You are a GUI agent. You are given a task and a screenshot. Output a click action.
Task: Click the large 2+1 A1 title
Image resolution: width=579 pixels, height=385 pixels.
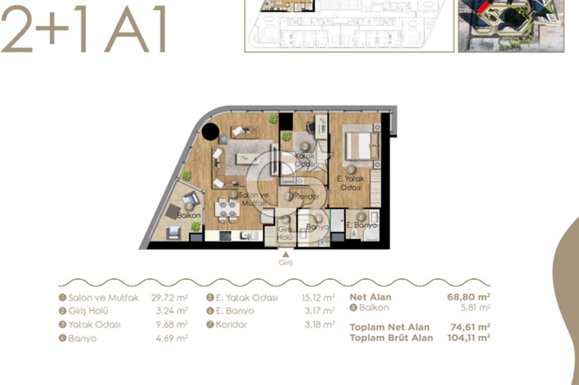[84, 30]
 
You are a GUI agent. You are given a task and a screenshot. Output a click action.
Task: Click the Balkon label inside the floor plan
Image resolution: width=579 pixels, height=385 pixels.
[189, 215]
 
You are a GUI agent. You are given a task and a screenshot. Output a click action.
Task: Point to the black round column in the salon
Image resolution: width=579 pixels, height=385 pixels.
[210, 133]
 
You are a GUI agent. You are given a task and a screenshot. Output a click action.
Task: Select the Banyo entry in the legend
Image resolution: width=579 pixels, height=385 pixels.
[80, 338]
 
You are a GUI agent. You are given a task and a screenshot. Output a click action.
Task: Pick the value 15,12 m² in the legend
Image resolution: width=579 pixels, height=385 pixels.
[320, 297]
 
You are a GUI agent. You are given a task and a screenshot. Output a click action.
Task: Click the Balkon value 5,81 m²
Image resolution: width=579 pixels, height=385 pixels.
[476, 307]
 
